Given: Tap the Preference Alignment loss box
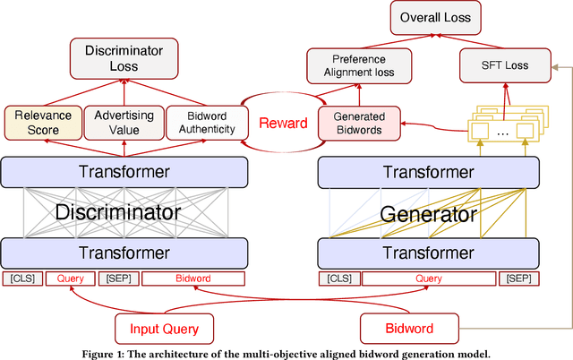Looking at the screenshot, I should pos(359,65).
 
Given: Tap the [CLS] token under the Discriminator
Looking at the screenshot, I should pos(21,279).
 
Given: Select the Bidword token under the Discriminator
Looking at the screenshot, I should pos(192,279).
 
